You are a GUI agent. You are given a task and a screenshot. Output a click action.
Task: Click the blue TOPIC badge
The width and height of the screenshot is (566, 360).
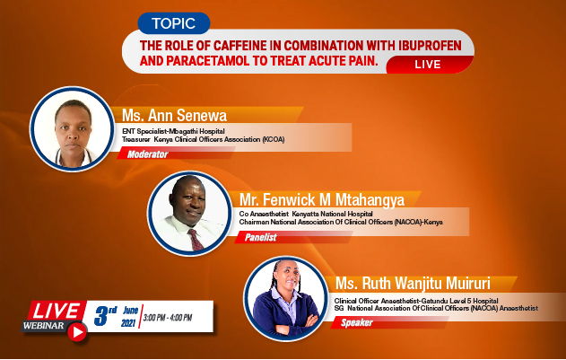coord(174,23)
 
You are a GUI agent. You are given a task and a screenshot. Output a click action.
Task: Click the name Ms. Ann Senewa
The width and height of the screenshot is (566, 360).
coord(174,115)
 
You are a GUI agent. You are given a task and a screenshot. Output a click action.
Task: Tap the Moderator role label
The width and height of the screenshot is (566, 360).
coord(147,154)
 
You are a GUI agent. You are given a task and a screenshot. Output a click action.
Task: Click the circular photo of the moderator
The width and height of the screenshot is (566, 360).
coord(72,128)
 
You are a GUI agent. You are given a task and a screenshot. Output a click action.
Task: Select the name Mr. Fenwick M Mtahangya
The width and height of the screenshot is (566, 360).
coord(322,199)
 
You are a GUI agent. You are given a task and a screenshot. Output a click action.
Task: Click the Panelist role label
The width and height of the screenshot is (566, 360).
coord(261,238)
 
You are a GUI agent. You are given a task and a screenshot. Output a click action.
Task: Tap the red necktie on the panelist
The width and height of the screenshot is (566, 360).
coord(196,240)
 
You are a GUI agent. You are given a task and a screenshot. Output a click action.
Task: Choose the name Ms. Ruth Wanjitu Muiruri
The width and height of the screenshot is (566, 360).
coord(413,283)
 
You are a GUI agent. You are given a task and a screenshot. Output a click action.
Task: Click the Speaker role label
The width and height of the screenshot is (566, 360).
coord(357,322)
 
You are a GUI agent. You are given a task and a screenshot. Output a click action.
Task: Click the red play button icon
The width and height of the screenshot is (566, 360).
coord(77,331)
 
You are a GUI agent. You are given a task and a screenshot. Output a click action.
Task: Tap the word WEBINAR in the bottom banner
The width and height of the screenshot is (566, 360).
coord(43,326)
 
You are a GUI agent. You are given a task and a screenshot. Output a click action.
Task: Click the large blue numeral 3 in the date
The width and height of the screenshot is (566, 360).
coord(101,315)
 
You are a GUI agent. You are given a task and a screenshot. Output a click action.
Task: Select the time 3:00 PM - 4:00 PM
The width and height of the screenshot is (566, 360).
coord(168,318)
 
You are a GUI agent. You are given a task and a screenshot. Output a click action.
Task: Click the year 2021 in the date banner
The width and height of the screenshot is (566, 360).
coord(128,323)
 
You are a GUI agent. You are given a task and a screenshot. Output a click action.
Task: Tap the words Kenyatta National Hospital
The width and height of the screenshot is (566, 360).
coord(332,214)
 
